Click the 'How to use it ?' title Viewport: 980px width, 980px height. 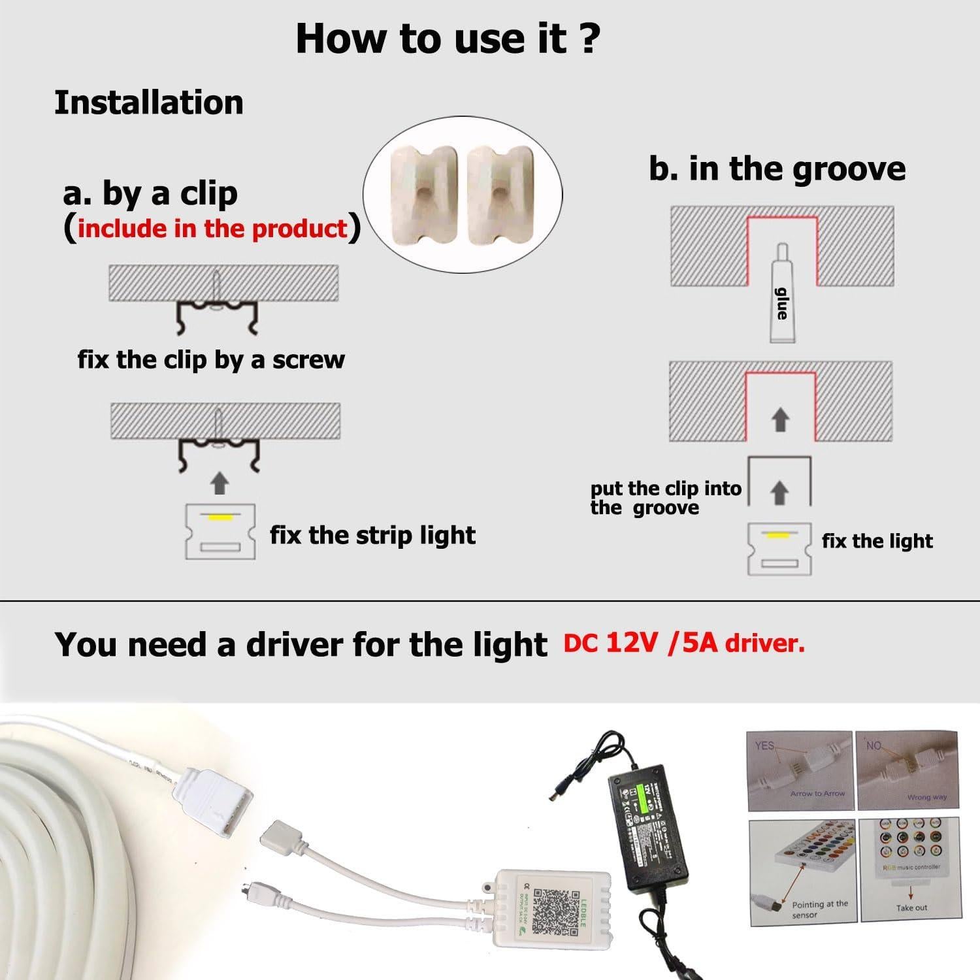448,38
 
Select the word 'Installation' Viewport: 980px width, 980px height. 149,103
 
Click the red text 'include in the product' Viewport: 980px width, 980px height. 212,228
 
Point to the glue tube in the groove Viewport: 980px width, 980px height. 781,294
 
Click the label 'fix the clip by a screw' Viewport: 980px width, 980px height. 211,359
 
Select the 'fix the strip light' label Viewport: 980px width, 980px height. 372,535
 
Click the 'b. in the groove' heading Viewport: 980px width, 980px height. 777,169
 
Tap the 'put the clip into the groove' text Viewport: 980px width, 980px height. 665,498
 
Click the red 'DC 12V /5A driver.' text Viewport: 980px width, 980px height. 684,644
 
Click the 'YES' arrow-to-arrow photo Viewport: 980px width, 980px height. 799,771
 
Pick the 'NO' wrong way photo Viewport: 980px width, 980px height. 907,771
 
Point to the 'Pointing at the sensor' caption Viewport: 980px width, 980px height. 819,909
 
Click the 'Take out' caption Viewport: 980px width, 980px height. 911,908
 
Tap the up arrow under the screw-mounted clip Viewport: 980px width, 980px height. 220,484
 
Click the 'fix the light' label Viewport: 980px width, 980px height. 877,541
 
